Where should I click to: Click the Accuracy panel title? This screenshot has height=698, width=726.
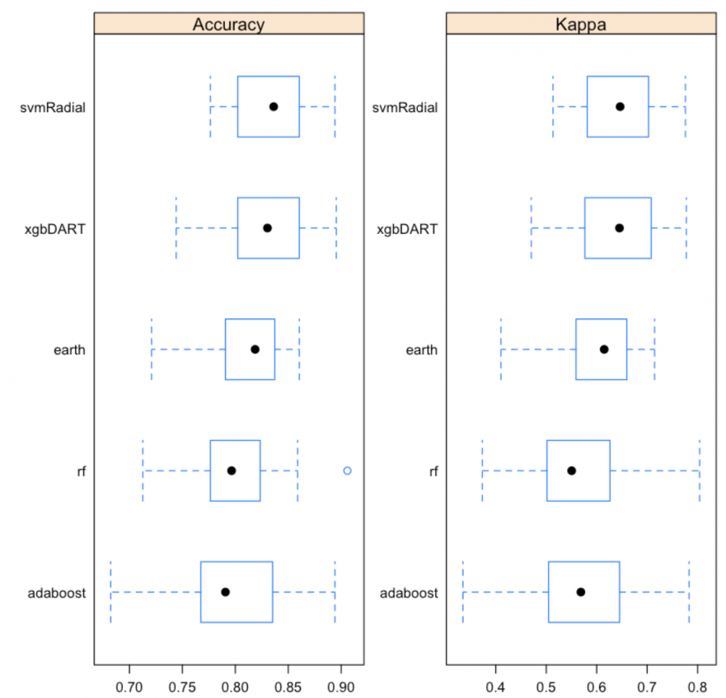[228, 24]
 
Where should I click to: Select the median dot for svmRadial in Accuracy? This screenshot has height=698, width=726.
[274, 106]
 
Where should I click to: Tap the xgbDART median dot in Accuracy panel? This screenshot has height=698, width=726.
[267, 227]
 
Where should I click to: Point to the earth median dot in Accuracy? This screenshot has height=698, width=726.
[255, 349]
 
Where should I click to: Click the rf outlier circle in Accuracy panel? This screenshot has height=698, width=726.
[347, 471]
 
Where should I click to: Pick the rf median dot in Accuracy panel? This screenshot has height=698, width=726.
[232, 471]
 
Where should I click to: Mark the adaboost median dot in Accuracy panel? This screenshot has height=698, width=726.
[225, 592]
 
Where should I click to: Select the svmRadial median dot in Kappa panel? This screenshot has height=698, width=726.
[620, 106]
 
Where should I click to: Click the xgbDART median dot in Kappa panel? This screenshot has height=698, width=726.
[619, 227]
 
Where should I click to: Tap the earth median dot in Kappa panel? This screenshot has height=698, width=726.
[604, 349]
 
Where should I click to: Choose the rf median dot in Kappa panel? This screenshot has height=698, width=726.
[571, 471]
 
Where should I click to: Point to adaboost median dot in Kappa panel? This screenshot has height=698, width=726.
[580, 592]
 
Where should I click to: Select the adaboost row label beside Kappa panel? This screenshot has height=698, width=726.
[410, 592]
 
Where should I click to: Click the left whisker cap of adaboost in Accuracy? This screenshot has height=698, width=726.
[110, 592]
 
